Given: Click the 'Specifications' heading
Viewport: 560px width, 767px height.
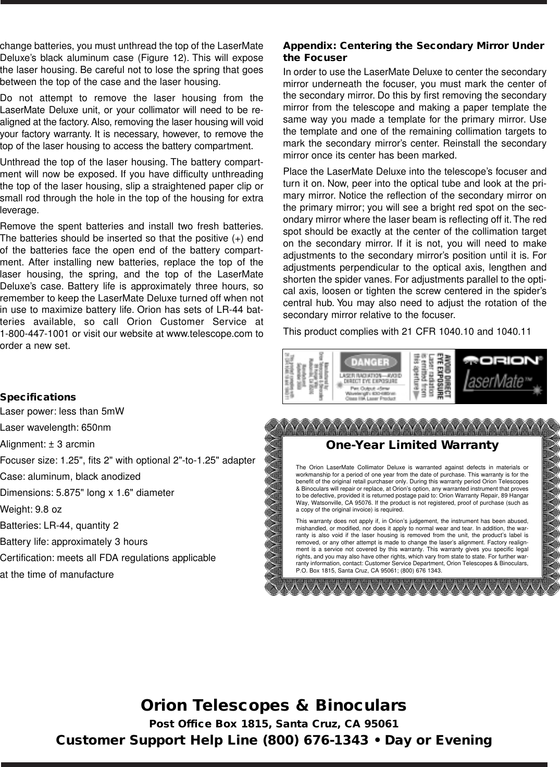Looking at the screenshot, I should click(38, 397).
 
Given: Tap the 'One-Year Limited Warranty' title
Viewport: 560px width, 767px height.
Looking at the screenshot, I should click(412, 445).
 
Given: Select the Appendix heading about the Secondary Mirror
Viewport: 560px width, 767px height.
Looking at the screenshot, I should click(413, 51).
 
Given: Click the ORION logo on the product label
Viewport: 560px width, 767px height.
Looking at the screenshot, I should click(502, 360).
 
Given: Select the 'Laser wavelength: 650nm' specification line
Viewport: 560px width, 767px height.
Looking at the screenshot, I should click(55, 428).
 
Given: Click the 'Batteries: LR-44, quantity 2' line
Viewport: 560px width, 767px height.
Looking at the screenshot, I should click(59, 525).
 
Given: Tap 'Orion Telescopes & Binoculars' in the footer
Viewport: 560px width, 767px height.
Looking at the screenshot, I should click(273, 705).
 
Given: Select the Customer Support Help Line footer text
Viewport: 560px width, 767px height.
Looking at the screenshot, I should click(273, 740).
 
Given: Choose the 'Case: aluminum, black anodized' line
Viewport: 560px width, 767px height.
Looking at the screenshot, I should click(70, 477).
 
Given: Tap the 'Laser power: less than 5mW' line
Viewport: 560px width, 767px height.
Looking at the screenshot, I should click(62, 412).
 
